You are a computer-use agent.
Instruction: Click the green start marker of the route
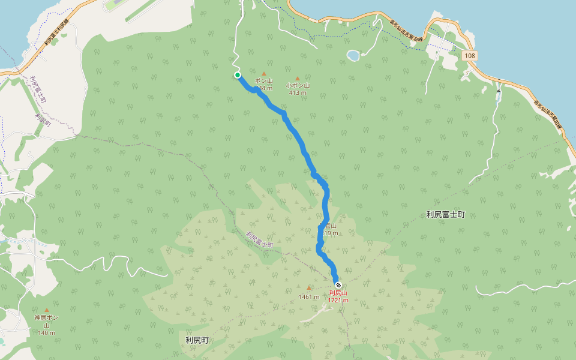[x=238, y=75]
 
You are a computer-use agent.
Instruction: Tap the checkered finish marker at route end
[x=338, y=284]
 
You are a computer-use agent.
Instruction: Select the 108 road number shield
[x=470, y=55]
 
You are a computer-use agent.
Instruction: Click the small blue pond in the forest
[x=353, y=56]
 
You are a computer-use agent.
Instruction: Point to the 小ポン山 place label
[x=298, y=86]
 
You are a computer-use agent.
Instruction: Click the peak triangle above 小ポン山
[x=297, y=79]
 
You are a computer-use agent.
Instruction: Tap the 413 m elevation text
[x=298, y=93]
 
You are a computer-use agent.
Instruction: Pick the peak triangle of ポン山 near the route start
[x=263, y=74]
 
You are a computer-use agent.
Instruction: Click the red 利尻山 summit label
[x=338, y=293]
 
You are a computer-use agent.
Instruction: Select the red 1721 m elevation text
[x=338, y=300]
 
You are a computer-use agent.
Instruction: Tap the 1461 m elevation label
[x=309, y=296]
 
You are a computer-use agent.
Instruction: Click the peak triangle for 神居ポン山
[x=46, y=310]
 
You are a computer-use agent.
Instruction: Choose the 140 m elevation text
[x=46, y=333]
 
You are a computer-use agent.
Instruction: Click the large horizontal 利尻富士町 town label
[x=445, y=214]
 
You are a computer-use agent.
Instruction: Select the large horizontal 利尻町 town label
[x=197, y=340]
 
